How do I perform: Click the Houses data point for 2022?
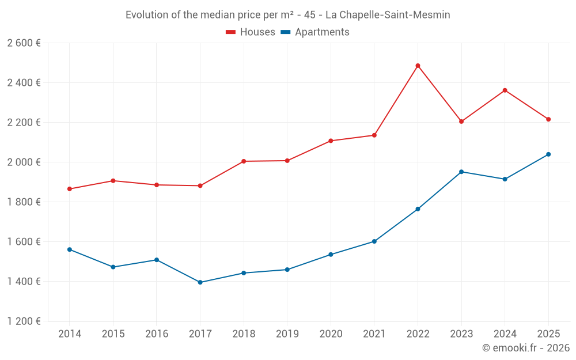[x=418, y=66]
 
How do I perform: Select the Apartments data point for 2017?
[x=200, y=282]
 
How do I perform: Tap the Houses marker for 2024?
[x=505, y=90]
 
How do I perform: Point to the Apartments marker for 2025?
[x=548, y=154]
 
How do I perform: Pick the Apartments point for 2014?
[x=69, y=249]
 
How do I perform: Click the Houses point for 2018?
[x=244, y=161]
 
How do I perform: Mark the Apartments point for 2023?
[x=461, y=172]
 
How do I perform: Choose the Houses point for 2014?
[x=69, y=189]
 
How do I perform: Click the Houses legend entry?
[x=251, y=32]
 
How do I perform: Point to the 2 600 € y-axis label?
[x=24, y=43]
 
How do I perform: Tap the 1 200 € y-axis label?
[x=24, y=321]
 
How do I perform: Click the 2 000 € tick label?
[x=24, y=162]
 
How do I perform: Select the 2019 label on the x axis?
[x=287, y=334]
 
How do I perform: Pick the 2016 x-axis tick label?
[x=157, y=334]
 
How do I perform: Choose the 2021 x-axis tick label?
[x=374, y=334]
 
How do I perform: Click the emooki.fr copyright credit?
[x=526, y=348]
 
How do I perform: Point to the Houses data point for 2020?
[x=331, y=141]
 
